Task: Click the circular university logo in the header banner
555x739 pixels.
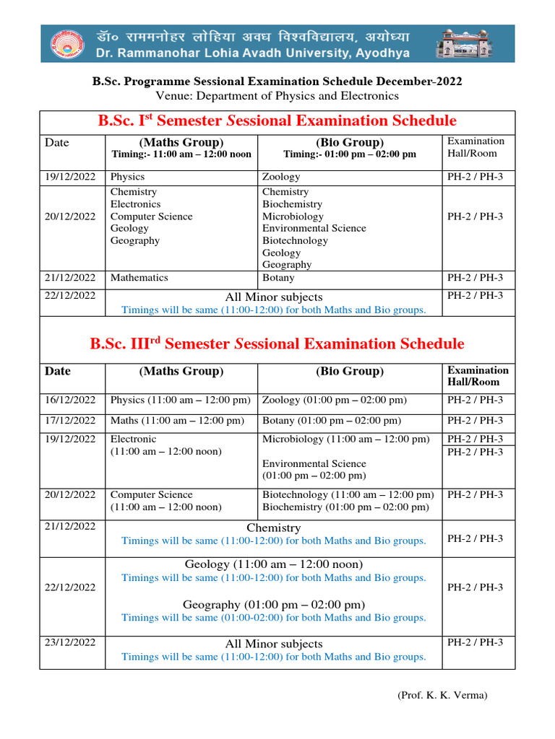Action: coord(66,44)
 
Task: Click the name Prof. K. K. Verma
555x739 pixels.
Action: coord(442,695)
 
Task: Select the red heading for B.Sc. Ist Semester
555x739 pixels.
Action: coord(277,121)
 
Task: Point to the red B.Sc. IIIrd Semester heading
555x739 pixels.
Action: coord(277,344)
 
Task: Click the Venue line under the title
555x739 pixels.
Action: coord(277,95)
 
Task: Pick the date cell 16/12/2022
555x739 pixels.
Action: coord(70,400)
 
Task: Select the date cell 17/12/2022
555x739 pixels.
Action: coord(70,420)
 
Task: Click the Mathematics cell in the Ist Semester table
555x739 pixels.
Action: coord(139,277)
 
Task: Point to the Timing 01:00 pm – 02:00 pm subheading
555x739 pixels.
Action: coord(350,154)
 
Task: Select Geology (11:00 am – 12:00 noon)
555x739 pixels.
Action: coord(273,564)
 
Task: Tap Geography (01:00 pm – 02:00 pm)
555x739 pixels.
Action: coord(273,604)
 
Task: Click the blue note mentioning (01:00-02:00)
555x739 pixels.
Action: coord(273,617)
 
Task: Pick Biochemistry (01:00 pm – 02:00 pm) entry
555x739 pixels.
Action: coord(345,507)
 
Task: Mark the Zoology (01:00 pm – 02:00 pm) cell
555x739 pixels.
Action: coord(334,400)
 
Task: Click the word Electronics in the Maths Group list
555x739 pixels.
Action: coord(135,204)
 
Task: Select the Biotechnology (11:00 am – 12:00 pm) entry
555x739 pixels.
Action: coord(348,494)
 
